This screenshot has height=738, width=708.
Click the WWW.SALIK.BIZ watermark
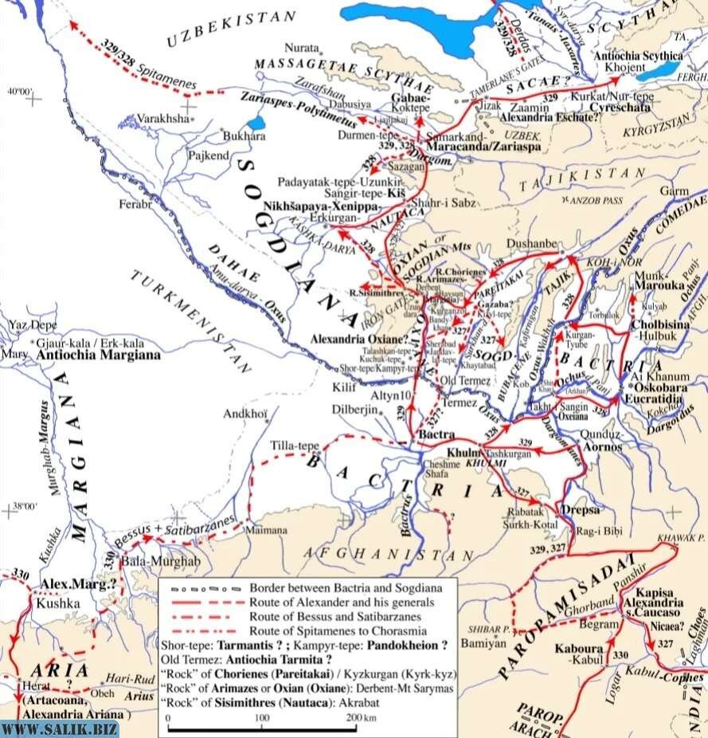(x=61, y=728)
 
